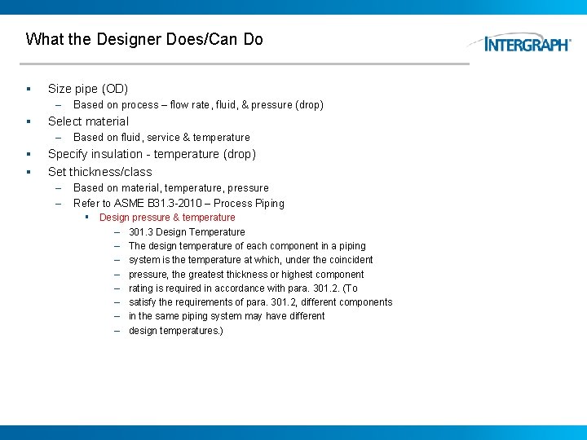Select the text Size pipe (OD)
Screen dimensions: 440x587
tap(88, 89)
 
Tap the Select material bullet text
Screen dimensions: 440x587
tap(88, 121)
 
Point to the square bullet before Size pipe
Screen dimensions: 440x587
tap(28, 89)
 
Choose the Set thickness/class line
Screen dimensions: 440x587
tap(99, 172)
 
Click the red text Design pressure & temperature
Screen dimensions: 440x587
tap(167, 218)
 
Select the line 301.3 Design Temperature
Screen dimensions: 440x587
tap(187, 232)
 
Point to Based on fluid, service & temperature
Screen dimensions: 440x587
tap(161, 138)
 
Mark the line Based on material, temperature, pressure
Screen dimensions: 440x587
tap(170, 188)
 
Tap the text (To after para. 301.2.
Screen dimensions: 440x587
tap(350, 288)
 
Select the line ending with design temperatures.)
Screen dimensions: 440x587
tap(175, 331)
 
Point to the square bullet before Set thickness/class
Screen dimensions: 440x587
tap(28, 172)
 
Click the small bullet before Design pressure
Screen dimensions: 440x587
tap(86, 218)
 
